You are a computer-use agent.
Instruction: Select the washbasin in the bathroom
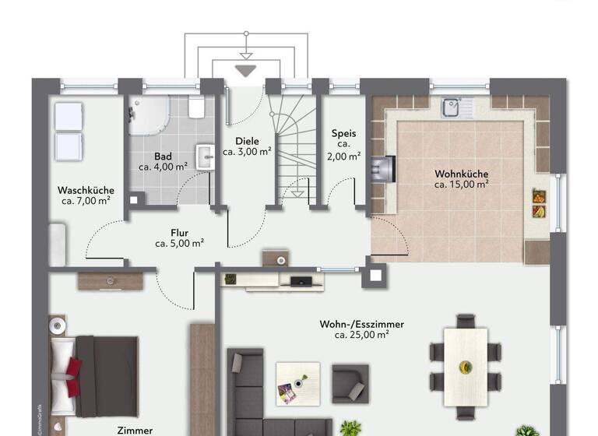pos(204,156)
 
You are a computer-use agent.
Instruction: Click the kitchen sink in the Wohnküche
pos(452,107)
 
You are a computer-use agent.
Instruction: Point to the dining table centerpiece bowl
pos(466,367)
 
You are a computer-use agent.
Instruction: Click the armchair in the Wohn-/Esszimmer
pos(350,382)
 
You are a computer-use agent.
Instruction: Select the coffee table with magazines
pos(296,384)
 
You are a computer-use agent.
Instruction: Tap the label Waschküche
pos(86,190)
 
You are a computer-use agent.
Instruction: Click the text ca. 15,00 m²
pos(462,185)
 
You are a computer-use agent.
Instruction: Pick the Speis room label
pos(343,133)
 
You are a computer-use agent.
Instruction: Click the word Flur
pos(179,232)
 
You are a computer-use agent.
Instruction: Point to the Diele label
pos(247,141)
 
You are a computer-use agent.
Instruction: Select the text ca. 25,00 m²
pos(361,335)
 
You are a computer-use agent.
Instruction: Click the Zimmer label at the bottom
pos(135,430)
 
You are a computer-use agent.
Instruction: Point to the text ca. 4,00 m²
pos(163,167)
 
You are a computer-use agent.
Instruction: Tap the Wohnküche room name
pos(462,174)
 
